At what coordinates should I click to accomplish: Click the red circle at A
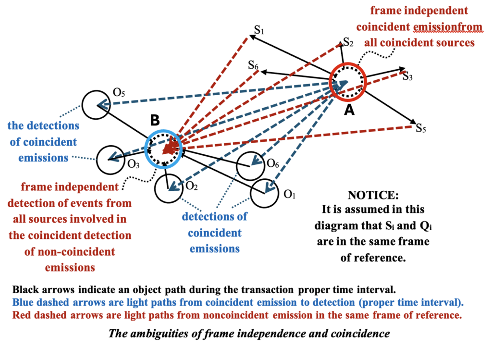click(x=348, y=83)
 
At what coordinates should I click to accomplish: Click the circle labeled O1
click(x=265, y=193)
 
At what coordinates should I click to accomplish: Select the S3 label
click(x=407, y=76)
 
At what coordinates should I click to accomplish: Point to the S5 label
click(x=421, y=128)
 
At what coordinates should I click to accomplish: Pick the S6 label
click(x=254, y=65)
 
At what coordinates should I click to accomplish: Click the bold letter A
click(x=349, y=110)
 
